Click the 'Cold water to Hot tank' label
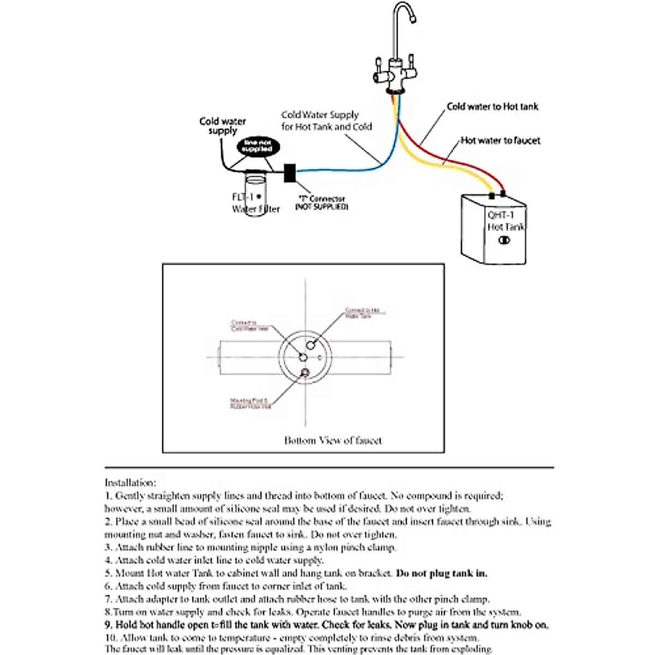[492, 107]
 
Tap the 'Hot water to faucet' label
[500, 141]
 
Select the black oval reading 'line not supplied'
[258, 146]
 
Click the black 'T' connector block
[289, 173]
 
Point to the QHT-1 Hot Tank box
[493, 229]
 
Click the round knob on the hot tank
[504, 240]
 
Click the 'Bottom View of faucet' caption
[333, 440]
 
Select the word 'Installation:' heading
[130, 483]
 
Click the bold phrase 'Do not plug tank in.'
[442, 573]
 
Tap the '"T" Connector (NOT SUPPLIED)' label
[321, 203]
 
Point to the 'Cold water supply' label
[223, 126]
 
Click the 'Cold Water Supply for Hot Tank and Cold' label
[326, 121]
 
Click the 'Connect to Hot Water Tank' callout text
[362, 313]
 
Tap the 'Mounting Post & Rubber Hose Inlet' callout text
[250, 403]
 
